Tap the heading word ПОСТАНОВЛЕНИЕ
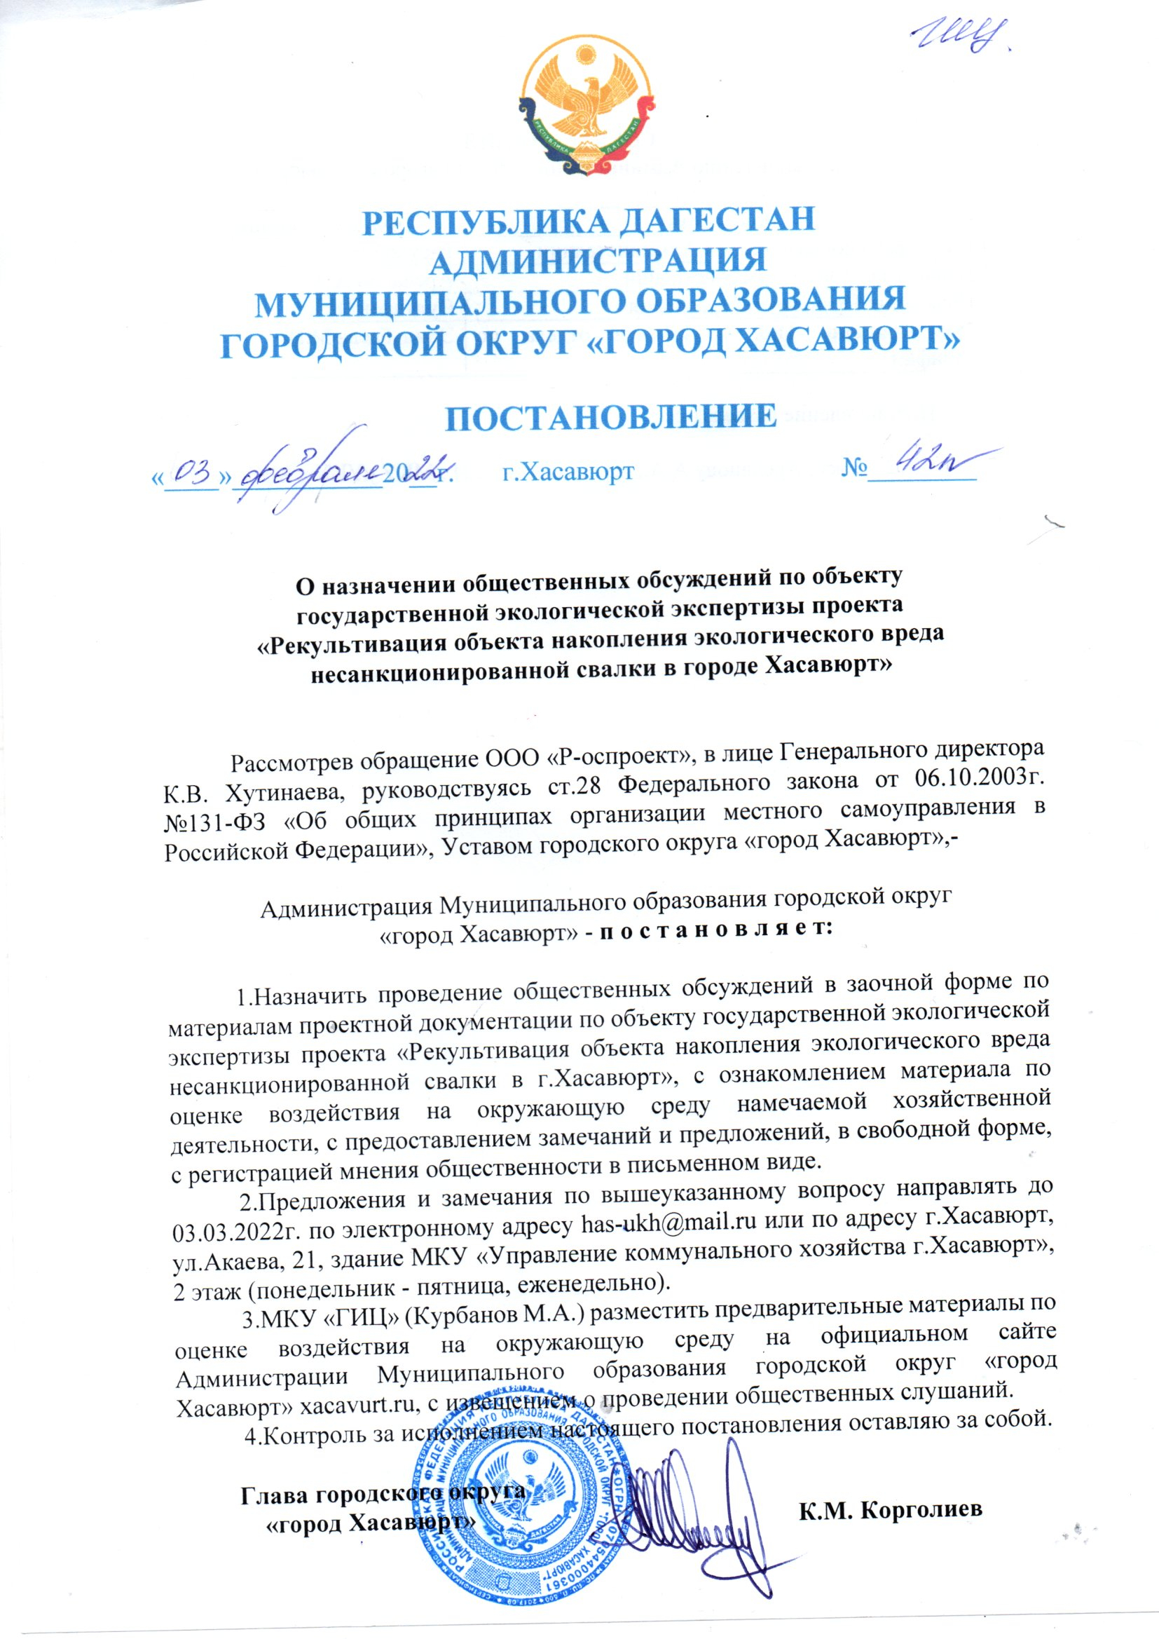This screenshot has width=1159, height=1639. point(611,417)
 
